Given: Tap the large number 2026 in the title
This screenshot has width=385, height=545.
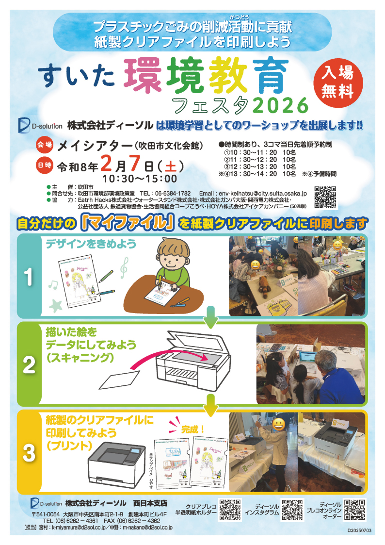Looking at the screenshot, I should click(280, 104).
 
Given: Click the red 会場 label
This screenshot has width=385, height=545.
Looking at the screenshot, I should click(44, 145).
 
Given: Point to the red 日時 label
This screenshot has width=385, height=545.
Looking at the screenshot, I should click(44, 165).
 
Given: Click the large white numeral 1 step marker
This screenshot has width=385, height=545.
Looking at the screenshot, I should click(30, 277).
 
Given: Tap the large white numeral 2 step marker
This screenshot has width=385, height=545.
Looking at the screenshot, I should click(30, 364).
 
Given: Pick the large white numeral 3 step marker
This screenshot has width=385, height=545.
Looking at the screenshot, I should click(30, 452).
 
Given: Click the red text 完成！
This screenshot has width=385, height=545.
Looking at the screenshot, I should click(193, 429).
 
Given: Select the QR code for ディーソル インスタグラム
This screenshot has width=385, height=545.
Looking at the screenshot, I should click(292, 510).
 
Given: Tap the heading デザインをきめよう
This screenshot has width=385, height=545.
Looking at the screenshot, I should click(91, 244).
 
